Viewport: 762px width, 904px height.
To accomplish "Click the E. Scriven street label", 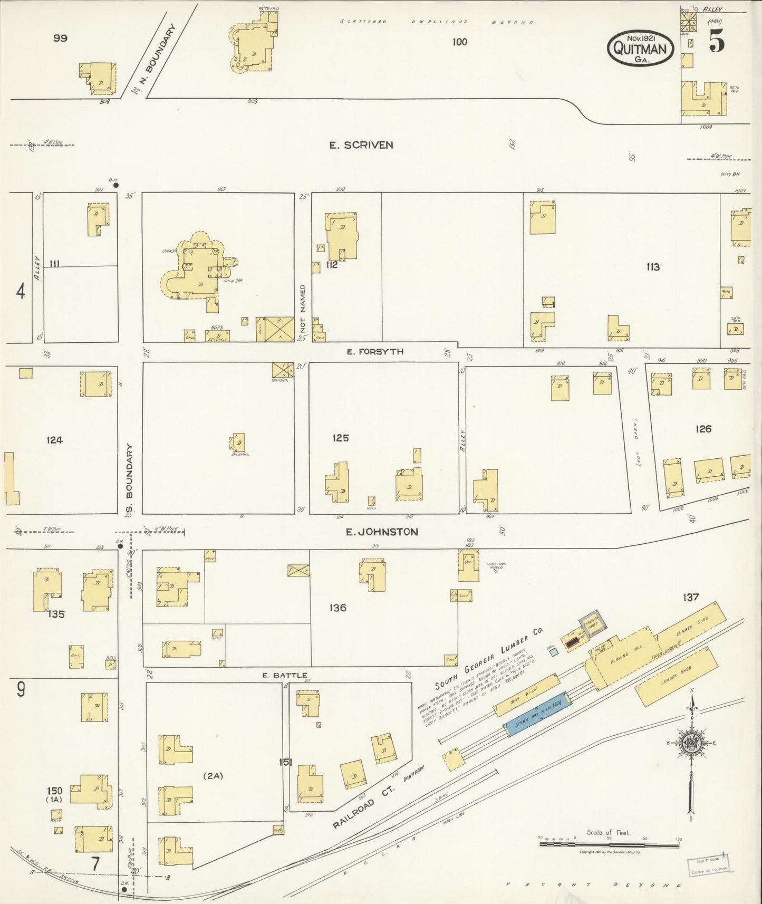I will (361, 145).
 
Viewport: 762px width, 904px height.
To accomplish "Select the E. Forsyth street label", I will (375, 351).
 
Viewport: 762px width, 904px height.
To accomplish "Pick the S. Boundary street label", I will (130, 478).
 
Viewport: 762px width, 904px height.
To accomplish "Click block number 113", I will (653, 267).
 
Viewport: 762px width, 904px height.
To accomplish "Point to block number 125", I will (341, 438).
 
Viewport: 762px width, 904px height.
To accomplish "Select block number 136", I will (337, 608).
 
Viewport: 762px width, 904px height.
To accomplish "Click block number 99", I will (60, 38).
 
